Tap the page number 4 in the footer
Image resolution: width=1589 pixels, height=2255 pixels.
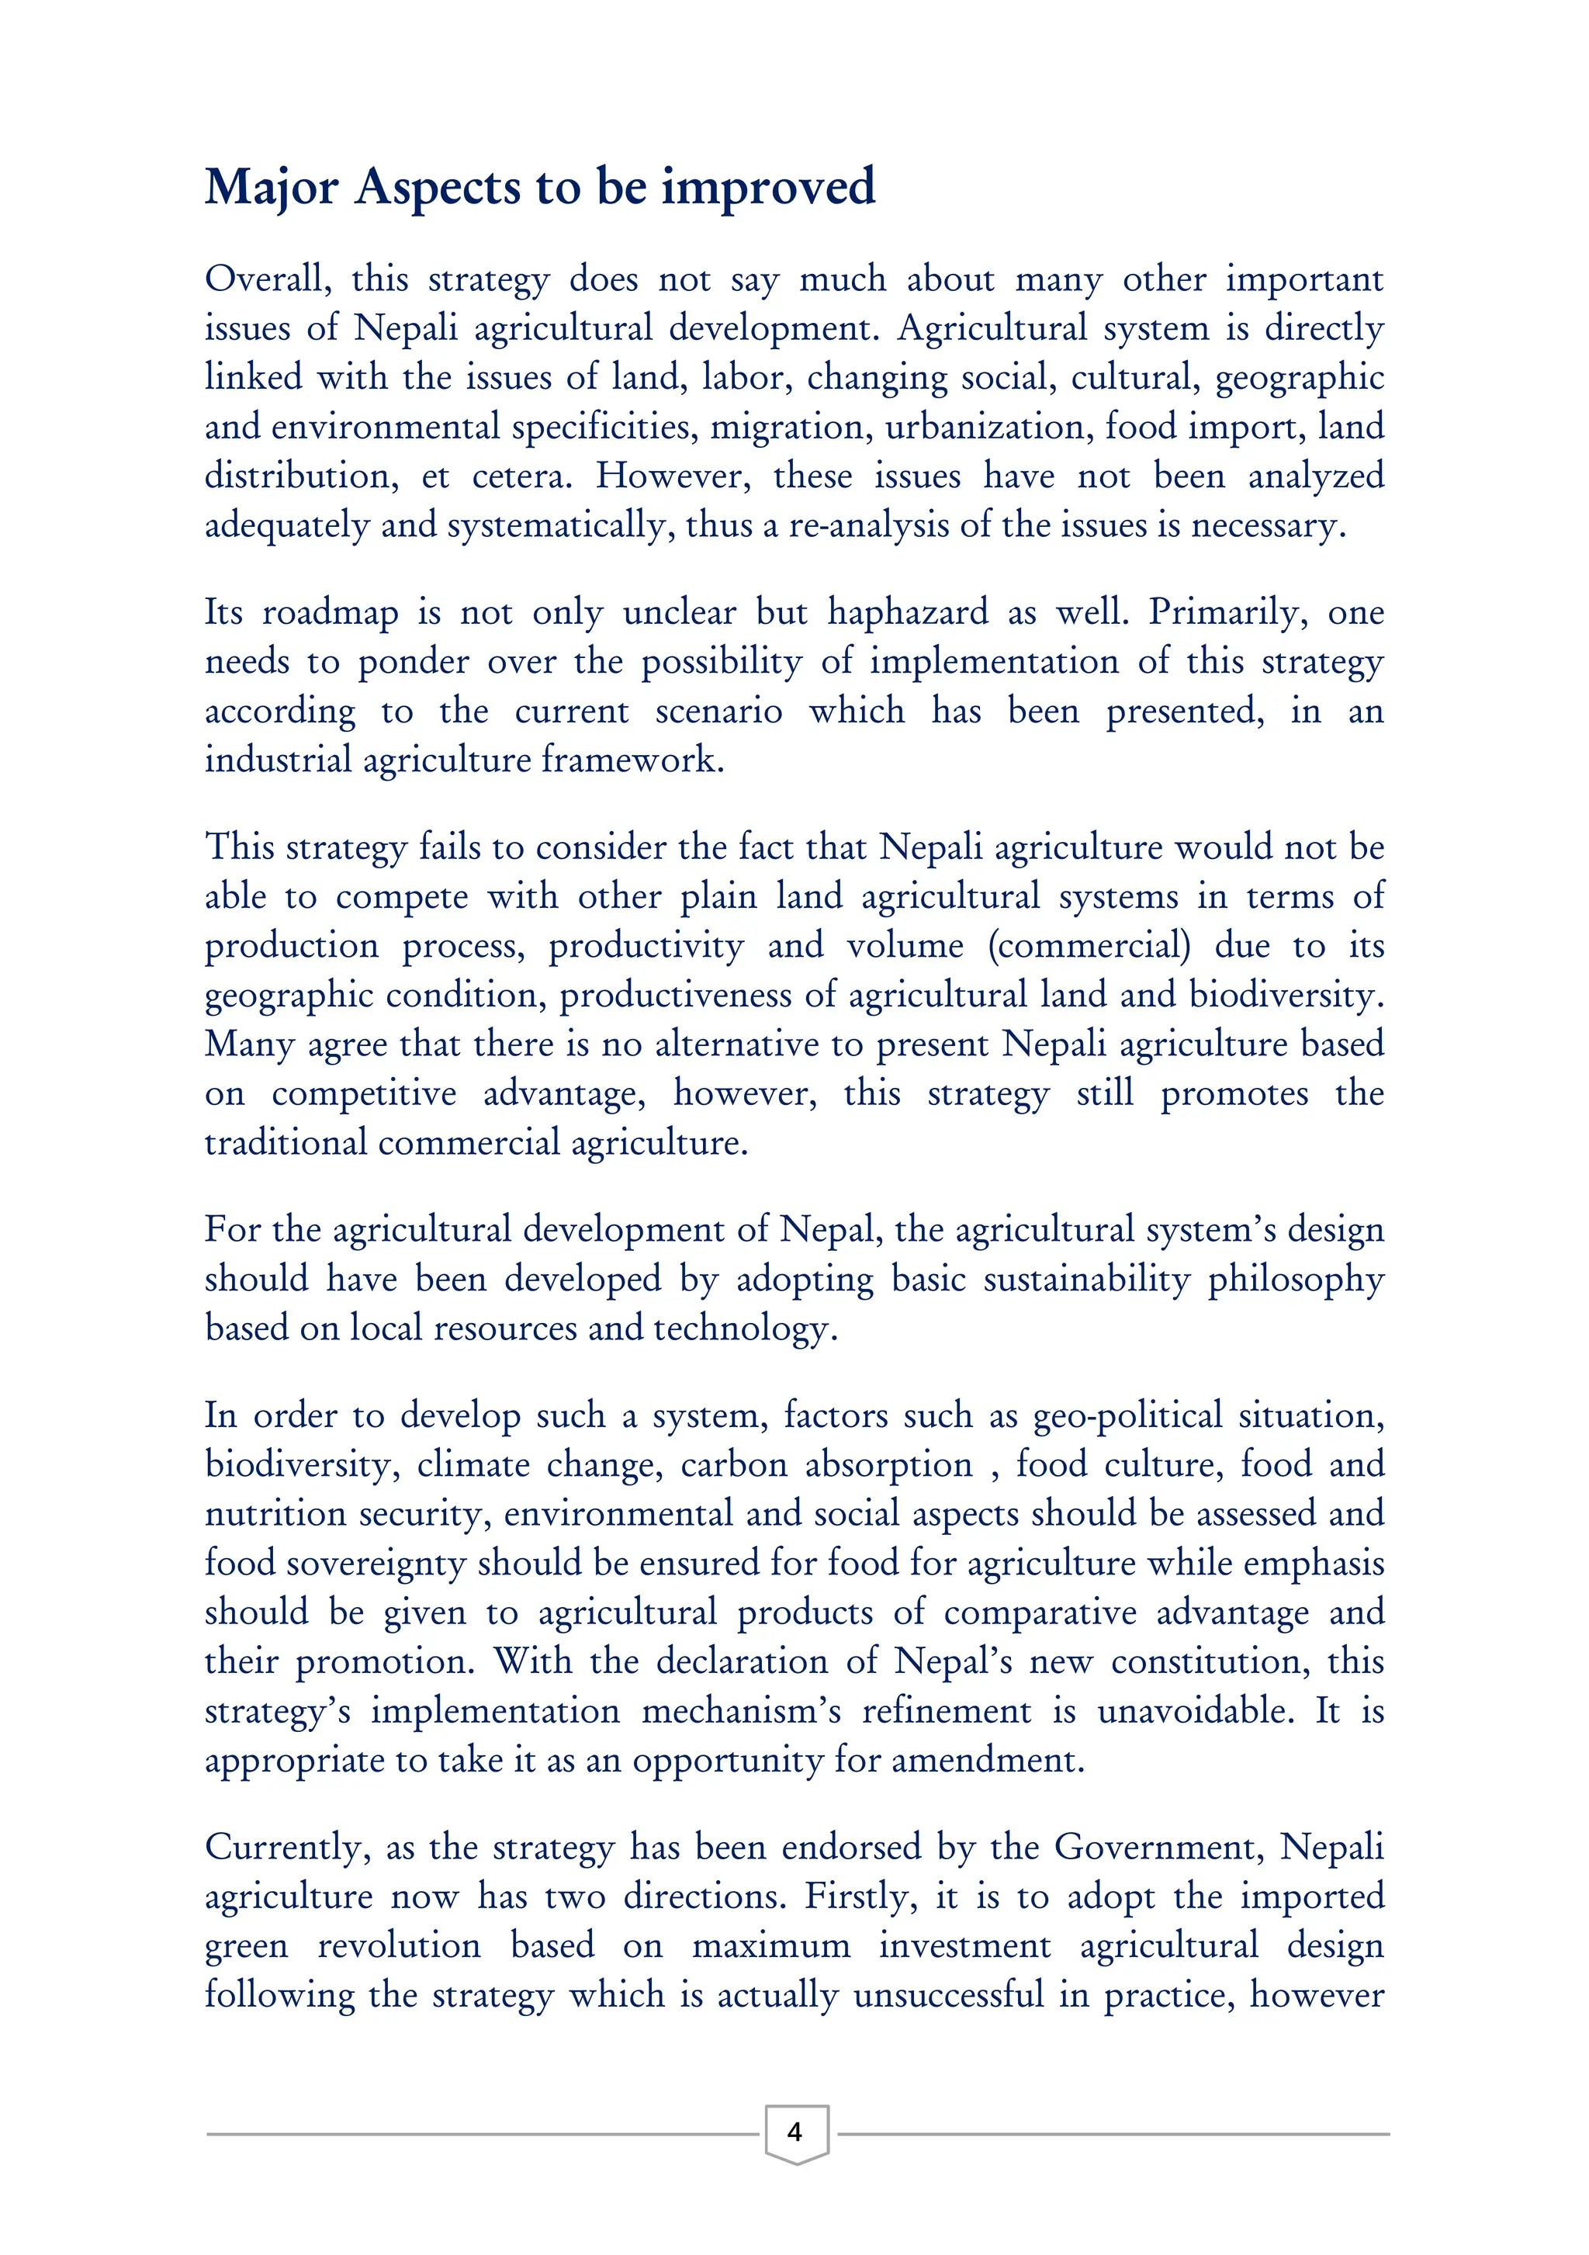click(x=794, y=2132)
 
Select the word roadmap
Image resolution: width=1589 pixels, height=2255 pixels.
click(x=331, y=613)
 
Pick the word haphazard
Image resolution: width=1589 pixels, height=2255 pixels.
click(x=909, y=613)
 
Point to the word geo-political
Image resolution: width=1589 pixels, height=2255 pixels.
click(x=1127, y=1416)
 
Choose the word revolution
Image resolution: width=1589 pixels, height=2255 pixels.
click(x=400, y=1945)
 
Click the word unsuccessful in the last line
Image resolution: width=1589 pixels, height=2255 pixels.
click(x=949, y=1995)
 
